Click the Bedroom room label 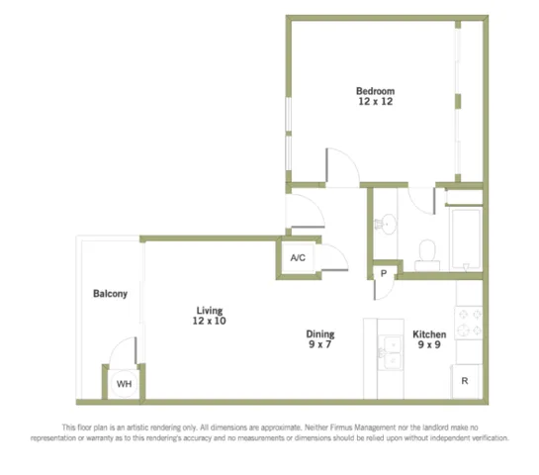pos(376,91)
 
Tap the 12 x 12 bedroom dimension pos(376,102)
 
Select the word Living pos(210,311)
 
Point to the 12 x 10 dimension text pos(209,321)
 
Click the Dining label pos(320,333)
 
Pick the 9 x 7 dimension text pos(320,344)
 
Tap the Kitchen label pos(429,334)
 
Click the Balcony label pos(110,294)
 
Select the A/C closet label pos(298,257)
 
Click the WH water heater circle pos(124,384)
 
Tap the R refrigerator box pos(465,381)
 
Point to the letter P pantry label pos(384,273)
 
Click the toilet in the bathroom pos(427,255)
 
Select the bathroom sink pos(388,224)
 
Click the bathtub pos(466,239)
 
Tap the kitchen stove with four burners pos(468,324)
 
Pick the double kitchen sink pos(391,352)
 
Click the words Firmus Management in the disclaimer pos(363,427)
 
